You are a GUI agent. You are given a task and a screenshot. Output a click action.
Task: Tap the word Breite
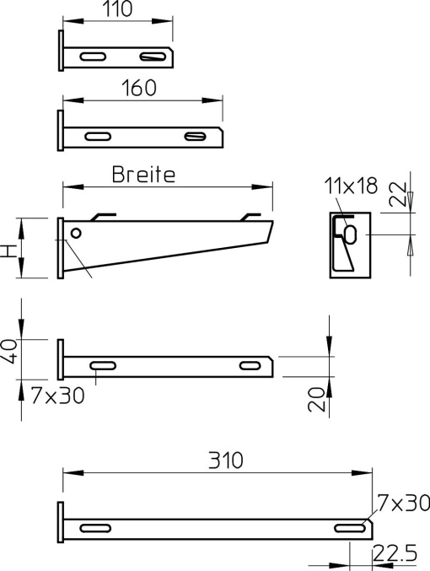143,175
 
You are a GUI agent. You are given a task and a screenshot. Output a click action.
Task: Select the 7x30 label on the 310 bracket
403,504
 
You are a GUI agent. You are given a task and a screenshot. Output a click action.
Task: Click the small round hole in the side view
77,233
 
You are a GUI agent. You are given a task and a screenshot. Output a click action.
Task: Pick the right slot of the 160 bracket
195,137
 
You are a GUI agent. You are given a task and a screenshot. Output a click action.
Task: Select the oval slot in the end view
350,230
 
